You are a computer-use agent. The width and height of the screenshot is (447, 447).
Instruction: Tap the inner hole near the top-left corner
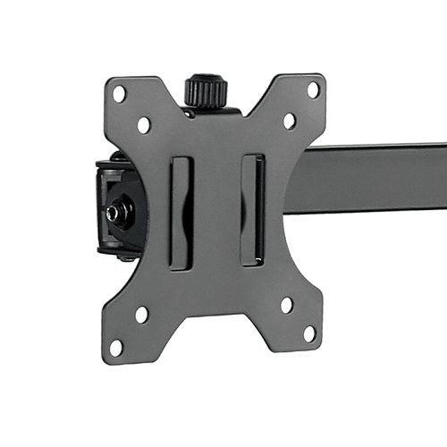click(x=144, y=124)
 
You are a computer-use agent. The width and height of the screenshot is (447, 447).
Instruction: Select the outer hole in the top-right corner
click(x=313, y=89)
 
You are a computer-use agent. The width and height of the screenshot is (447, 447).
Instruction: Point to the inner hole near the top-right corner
click(x=289, y=121)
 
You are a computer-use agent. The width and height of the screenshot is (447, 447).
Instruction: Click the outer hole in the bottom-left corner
click(x=116, y=346)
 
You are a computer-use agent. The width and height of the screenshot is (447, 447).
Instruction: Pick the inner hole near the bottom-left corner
click(x=141, y=315)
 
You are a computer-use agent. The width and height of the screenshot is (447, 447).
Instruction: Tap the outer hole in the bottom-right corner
click(x=309, y=333)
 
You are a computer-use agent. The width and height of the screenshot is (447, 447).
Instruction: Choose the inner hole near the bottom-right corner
click(x=286, y=305)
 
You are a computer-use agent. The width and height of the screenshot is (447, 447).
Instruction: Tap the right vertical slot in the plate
click(x=252, y=209)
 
